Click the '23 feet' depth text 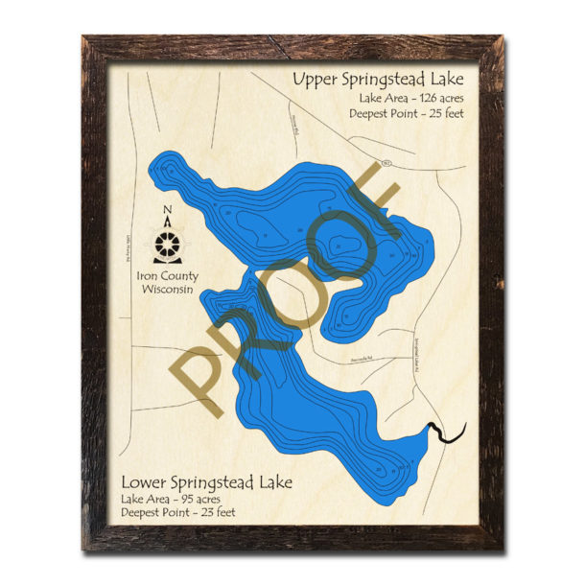(220, 514)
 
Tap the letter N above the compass (168, 212)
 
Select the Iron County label (168, 276)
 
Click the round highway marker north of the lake (384, 162)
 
